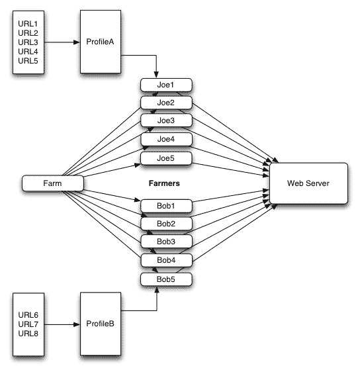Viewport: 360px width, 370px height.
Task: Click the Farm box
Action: pos(52,183)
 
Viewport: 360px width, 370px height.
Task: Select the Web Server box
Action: pos(308,183)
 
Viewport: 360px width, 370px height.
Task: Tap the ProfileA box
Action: pos(101,42)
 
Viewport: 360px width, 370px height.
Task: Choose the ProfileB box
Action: pos(101,324)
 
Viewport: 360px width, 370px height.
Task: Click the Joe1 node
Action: pos(166,85)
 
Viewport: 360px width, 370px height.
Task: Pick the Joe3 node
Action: pos(166,120)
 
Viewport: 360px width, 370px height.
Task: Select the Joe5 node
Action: pos(166,158)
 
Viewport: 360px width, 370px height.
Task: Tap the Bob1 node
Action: pos(166,206)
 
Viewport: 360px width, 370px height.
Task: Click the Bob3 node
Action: pos(166,242)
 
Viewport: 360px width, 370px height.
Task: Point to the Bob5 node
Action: pos(166,279)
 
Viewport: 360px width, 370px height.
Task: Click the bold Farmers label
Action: pos(164,183)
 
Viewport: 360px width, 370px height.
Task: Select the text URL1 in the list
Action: pos(28,24)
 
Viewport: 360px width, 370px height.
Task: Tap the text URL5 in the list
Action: pos(28,61)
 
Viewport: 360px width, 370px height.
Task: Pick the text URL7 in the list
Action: pos(28,324)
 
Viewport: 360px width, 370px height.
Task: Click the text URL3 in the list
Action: pos(28,42)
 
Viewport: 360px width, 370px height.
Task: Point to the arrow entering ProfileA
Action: pos(62,42)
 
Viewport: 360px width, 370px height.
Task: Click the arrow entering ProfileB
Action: pos(62,325)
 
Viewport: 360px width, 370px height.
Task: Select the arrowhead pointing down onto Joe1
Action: pos(156,75)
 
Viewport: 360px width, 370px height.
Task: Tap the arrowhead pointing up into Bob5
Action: pos(157,289)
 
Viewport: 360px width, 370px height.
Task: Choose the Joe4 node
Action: pos(166,139)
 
